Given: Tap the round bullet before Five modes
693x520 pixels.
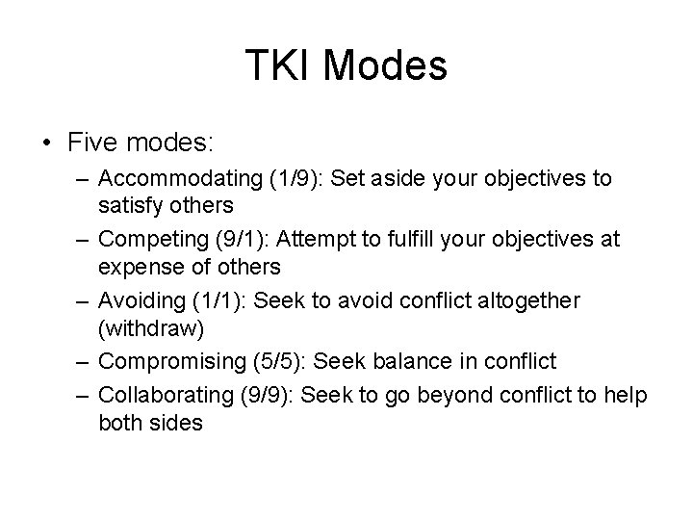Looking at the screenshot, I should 48,143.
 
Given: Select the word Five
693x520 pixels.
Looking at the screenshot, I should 94,143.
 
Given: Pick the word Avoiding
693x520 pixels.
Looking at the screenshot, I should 141,301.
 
